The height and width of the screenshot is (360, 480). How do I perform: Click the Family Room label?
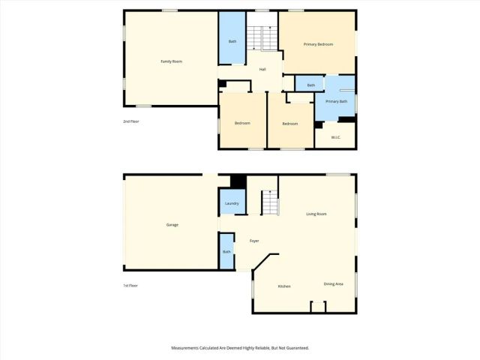click(172, 61)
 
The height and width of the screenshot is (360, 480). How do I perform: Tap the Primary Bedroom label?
click(318, 45)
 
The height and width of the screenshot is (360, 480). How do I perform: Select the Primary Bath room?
click(336, 101)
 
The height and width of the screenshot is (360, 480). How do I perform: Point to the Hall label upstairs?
click(262, 70)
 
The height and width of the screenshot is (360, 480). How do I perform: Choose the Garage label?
click(172, 224)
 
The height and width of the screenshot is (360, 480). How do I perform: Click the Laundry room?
click(232, 203)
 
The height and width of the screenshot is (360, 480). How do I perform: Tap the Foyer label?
click(254, 241)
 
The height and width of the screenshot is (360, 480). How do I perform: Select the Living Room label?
click(316, 214)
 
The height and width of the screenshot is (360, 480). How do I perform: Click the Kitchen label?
click(284, 286)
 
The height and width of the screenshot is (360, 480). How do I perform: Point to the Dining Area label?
click(333, 283)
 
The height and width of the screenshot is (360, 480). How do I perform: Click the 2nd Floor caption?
click(131, 121)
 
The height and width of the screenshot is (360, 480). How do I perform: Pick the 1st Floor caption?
click(131, 286)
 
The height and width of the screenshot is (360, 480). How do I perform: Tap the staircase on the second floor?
click(259, 37)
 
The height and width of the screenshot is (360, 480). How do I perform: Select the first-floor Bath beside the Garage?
click(226, 251)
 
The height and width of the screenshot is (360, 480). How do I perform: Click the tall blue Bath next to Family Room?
click(232, 41)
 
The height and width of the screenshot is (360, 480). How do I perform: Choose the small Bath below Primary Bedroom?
click(310, 85)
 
